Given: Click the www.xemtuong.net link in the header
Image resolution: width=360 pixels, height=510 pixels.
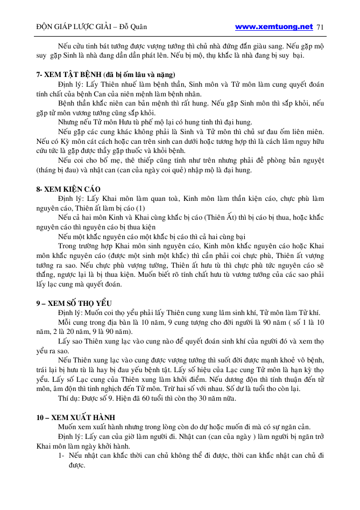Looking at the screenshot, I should [x=274, y=26].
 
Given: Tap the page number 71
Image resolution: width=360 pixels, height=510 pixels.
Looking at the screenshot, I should [x=321, y=27].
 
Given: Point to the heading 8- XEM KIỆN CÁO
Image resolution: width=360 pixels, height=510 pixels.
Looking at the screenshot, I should [x=68, y=190].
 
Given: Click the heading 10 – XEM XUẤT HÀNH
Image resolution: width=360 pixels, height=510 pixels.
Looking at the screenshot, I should [x=75, y=417].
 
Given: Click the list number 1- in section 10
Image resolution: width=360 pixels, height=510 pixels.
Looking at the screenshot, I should [x=62, y=456].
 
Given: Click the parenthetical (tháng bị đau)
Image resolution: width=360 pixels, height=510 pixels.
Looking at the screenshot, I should [x=59, y=171].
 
